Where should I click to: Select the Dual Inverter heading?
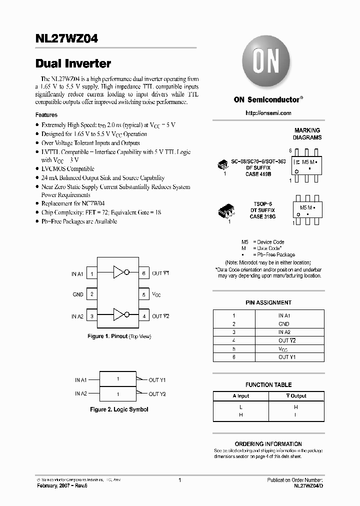73,63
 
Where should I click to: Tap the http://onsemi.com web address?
268,113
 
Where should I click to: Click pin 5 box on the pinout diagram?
143,295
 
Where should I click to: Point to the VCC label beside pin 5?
156,295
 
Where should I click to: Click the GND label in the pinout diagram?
78,295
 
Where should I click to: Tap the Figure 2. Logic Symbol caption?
119,409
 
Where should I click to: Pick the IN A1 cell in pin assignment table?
284,315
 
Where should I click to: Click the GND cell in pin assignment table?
284,324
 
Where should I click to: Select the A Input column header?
241,396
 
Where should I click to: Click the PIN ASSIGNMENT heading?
268,302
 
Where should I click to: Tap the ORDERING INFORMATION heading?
268,443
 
